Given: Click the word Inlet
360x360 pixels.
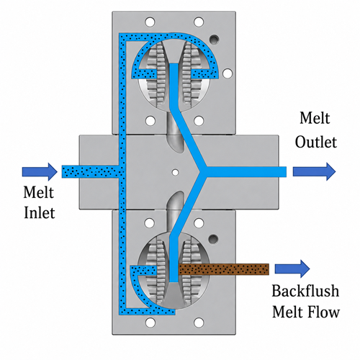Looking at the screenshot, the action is click(40, 212).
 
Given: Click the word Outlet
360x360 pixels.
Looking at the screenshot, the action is click(316, 142).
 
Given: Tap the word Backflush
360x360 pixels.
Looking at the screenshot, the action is click(305, 291).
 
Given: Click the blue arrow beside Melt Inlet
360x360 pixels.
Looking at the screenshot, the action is click(40, 172).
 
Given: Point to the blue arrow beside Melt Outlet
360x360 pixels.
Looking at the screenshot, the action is click(314, 171).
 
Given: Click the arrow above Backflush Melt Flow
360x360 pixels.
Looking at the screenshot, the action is click(292, 269).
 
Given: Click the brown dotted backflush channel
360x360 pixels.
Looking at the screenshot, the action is click(224, 269).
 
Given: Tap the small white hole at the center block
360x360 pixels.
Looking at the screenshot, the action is click(176, 172).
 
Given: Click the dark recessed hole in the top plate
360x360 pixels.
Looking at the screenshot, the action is click(214, 40).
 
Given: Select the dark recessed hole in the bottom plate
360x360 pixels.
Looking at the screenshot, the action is click(213, 239).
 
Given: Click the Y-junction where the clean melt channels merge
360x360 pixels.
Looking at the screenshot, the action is click(203, 171).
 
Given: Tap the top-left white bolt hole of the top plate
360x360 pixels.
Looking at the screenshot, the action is click(150, 22).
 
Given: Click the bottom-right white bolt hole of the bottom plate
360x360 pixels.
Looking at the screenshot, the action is click(199, 323).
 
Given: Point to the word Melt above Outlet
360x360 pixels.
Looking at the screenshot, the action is click(315, 118).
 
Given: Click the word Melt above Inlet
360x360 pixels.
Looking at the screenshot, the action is click(38, 192).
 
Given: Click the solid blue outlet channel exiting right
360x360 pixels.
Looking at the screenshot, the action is click(246, 171).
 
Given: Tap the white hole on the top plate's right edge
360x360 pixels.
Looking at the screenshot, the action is click(228, 73).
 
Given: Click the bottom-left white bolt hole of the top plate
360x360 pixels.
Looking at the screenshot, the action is click(150, 121).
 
